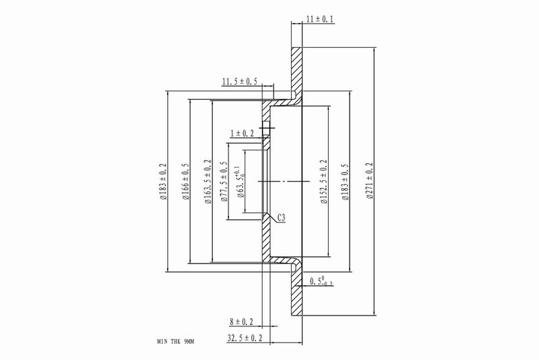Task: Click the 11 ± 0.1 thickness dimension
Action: [319, 21]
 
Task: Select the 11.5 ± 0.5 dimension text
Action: [241, 82]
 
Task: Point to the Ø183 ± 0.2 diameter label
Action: [162, 182]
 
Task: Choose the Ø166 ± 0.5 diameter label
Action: [185, 182]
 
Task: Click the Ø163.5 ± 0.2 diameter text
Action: [208, 182]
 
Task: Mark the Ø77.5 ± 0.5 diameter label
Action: [225, 182]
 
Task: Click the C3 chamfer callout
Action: [286, 218]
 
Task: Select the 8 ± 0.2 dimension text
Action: [241, 322]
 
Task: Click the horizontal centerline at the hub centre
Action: [286, 181]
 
